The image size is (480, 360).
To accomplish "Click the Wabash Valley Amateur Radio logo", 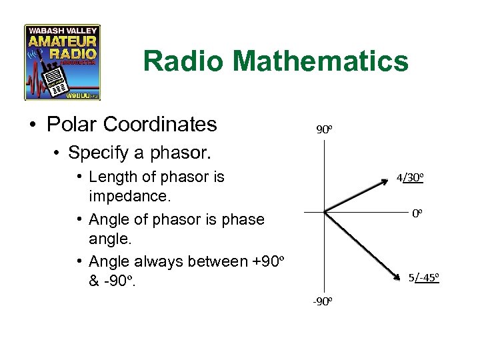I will tap(62, 62).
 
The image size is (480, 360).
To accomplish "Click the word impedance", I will tap(130, 197).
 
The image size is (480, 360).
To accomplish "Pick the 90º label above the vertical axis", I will tap(323, 129).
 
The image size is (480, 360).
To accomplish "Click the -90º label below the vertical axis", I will tap(323, 301).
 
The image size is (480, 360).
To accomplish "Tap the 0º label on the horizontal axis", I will tap(417, 213).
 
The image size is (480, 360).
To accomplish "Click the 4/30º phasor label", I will tap(410, 179).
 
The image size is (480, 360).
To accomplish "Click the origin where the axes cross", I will tap(323, 212).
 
